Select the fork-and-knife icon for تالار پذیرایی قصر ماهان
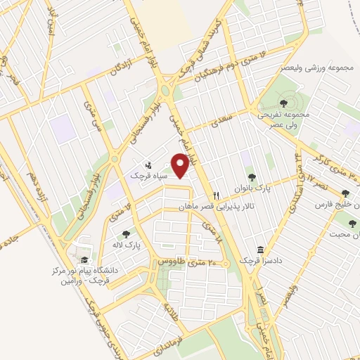(x=217, y=195)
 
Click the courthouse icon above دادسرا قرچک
(x=261, y=250)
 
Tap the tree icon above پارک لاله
(x=126, y=234)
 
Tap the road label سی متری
(x=89, y=113)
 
